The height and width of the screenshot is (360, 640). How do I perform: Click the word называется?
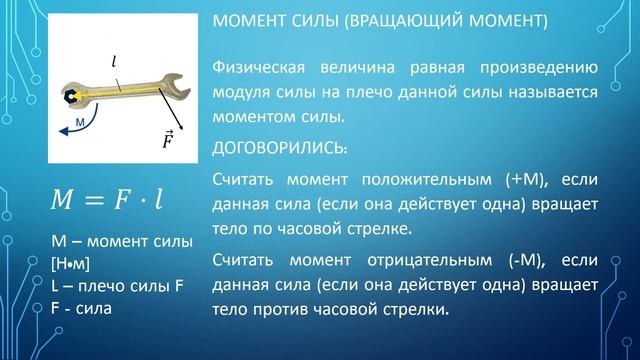click(548, 93)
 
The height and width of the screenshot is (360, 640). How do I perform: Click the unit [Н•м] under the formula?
click(69, 263)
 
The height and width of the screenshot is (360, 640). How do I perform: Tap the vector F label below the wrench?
click(169, 139)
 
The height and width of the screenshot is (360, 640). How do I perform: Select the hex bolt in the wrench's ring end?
click(66, 100)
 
